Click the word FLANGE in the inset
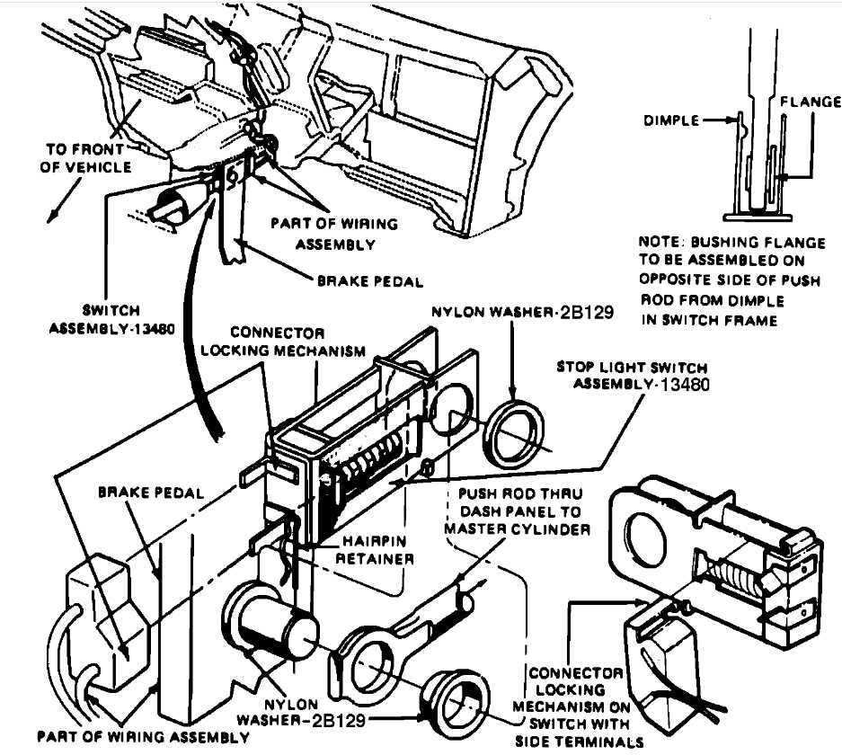810,102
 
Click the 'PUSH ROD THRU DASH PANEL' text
518,511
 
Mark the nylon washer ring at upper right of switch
515,435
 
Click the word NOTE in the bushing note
659,243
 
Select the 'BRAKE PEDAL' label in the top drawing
368,281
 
